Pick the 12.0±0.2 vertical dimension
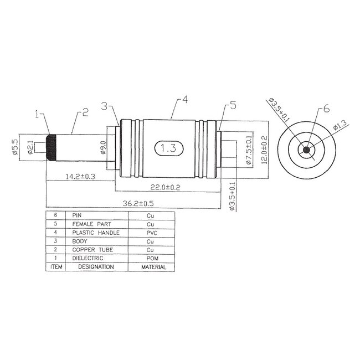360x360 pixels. click(264, 148)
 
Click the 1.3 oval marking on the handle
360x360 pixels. click(168, 148)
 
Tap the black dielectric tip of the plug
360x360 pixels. click(51, 148)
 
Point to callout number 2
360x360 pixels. click(85, 112)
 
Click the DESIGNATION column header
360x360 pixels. click(96, 267)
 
